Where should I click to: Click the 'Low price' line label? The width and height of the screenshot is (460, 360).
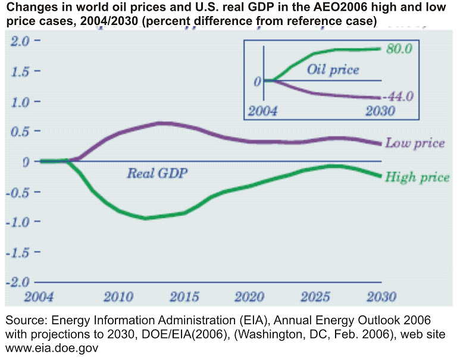[415, 143]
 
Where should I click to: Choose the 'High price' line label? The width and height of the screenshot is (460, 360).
[417, 177]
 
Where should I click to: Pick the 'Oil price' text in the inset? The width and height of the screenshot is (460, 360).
[333, 70]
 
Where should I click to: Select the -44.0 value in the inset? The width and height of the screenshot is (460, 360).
[398, 96]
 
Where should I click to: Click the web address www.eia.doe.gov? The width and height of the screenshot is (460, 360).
[51, 347]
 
